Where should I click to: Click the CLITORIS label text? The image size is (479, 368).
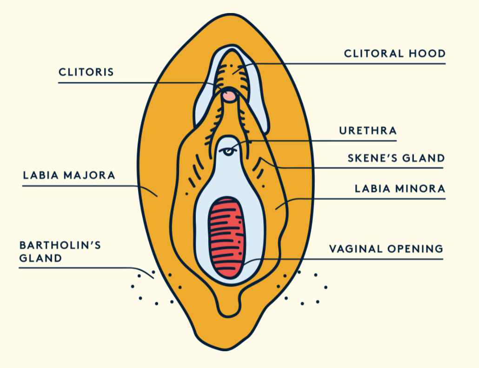(x=86, y=72)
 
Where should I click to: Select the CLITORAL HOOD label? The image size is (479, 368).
(x=395, y=54)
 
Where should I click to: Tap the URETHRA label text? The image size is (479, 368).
(x=368, y=130)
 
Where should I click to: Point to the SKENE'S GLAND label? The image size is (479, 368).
(x=396, y=158)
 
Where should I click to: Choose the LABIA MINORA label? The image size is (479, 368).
(x=400, y=189)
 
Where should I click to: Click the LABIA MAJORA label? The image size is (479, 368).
(x=69, y=175)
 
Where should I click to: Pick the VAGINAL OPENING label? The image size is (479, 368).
(x=386, y=249)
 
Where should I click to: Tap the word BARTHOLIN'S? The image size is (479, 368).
(x=60, y=245)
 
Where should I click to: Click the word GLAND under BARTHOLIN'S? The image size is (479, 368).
(x=40, y=258)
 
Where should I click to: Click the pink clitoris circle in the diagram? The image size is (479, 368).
(x=229, y=96)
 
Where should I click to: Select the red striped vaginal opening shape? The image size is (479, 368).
(x=226, y=238)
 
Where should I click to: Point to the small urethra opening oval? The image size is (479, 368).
(x=227, y=151)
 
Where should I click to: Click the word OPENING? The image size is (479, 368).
(x=415, y=249)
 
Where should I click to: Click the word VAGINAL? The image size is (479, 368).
(x=356, y=249)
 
